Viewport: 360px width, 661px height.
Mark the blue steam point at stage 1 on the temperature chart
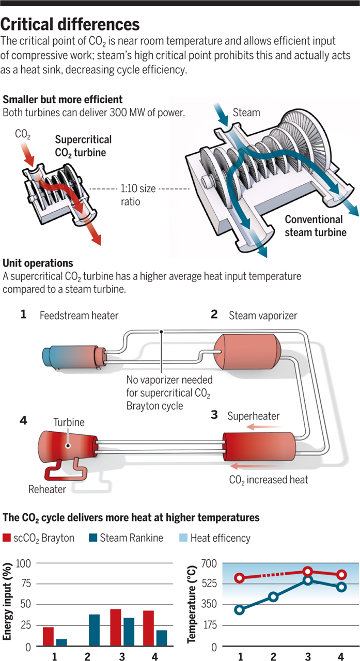[x=240, y=610]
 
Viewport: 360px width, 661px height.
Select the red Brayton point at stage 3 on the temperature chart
[x=308, y=571]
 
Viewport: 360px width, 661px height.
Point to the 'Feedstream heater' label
[x=79, y=315]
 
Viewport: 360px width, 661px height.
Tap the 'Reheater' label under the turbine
[x=48, y=489]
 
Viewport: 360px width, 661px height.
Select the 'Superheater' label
[x=253, y=416]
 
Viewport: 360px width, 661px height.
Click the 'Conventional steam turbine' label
[x=316, y=226]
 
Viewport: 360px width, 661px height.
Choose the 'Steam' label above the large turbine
[x=245, y=112]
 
